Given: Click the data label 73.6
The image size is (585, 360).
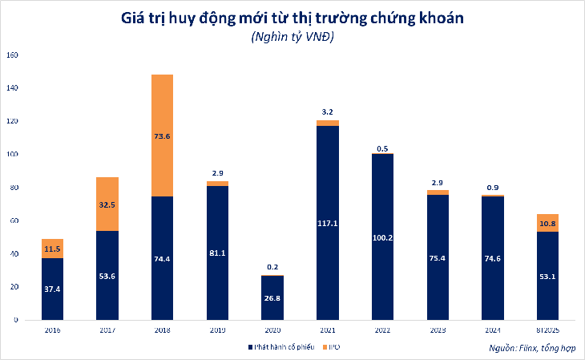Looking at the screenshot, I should tap(161, 136).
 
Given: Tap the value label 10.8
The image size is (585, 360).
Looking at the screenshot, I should tap(547, 223).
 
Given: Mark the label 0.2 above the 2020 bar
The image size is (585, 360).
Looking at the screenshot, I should tap(272, 267).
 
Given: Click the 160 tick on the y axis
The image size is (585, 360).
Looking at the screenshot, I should tap(11, 55).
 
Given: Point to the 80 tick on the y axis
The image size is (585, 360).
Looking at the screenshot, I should tap(13, 188).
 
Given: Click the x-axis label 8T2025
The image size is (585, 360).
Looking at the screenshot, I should tap(547, 330).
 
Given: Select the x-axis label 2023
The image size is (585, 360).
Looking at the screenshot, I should tap(438, 330).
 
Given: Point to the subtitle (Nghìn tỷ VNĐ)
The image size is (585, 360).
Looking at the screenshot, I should tap(292, 38).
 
